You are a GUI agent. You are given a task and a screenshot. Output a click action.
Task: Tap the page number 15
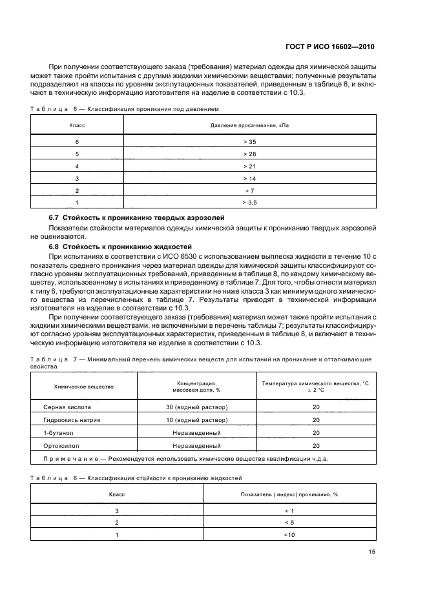pos(371,552)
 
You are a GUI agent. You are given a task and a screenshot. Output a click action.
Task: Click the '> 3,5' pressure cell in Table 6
pos(249,203)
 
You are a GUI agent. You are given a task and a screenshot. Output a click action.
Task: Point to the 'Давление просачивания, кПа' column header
pos(249,124)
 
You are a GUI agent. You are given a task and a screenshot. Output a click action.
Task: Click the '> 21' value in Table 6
pos(249,165)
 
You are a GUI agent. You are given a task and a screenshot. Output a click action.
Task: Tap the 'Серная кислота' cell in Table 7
pos(67,408)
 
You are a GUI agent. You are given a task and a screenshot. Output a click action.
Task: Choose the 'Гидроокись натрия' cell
pos(72,419)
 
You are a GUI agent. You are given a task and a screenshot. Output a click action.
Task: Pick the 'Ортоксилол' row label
pos(60,445)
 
